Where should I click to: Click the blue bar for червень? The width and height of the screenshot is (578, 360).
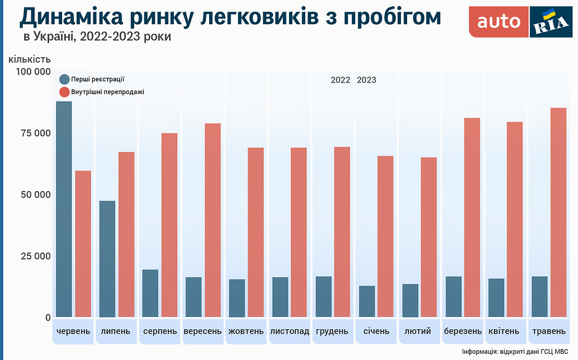pyautogui.click(x=64, y=209)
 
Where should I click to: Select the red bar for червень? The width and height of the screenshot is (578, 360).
pyautogui.click(x=83, y=244)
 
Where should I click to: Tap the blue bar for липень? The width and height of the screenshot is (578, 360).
pyautogui.click(x=107, y=258)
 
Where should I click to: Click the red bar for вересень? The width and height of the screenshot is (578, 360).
pyautogui.click(x=213, y=220)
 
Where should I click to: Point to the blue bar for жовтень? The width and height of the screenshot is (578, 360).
pyautogui.click(x=237, y=298)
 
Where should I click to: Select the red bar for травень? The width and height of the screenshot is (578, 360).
pyautogui.click(x=558, y=212)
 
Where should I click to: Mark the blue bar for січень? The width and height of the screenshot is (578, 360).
pyautogui.click(x=367, y=301)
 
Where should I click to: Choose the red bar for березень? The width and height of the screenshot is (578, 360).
pyautogui.click(x=472, y=217)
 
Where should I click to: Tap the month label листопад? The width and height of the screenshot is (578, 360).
pyautogui.click(x=290, y=331)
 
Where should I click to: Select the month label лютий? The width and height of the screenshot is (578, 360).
pyautogui.click(x=418, y=331)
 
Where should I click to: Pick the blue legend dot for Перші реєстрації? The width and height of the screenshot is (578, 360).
pyautogui.click(x=64, y=79)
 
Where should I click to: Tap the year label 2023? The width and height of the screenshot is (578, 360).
pyautogui.click(x=366, y=80)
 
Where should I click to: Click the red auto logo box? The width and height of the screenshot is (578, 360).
pyautogui.click(x=498, y=22)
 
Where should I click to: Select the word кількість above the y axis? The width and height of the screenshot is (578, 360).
pyautogui.click(x=30, y=59)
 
